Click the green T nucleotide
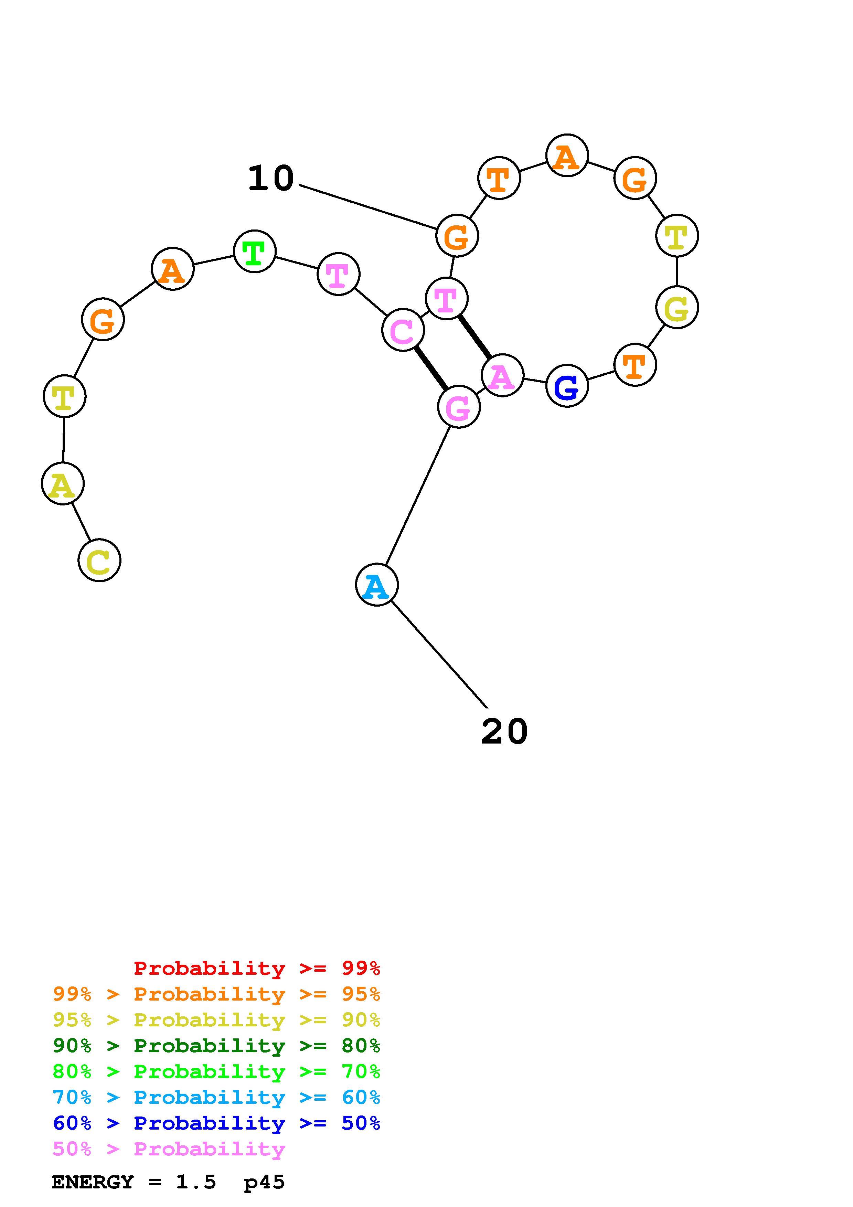[254, 251]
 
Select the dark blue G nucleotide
[567, 386]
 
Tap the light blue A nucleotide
[376, 585]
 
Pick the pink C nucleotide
[403, 330]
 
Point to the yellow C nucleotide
[99, 560]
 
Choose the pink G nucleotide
[458, 407]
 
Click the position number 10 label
[271, 178]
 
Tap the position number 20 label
[504, 732]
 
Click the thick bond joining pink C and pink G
[431, 368]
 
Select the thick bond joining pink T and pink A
[474, 337]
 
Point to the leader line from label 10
[368, 208]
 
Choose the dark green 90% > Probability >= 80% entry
[216, 1046]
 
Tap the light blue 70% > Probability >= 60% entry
[216, 1097]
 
